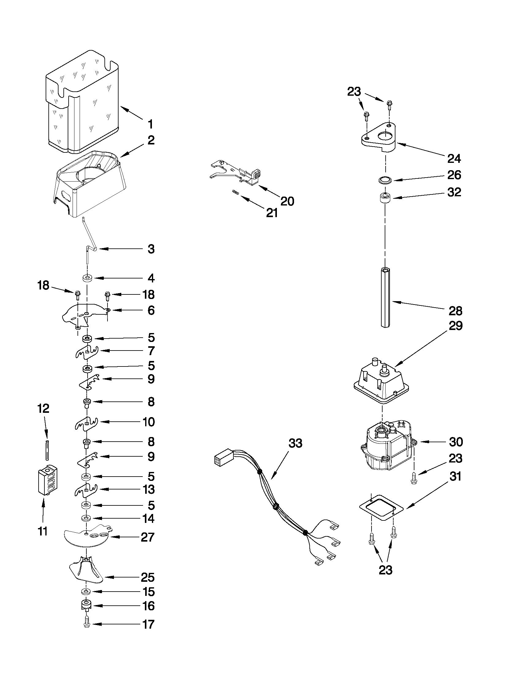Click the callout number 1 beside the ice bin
[150, 125]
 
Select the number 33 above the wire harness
[295, 443]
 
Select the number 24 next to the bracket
[454, 159]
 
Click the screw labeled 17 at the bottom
[86, 624]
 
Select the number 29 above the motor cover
[455, 326]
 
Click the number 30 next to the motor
[456, 442]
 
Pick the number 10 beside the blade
[149, 422]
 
